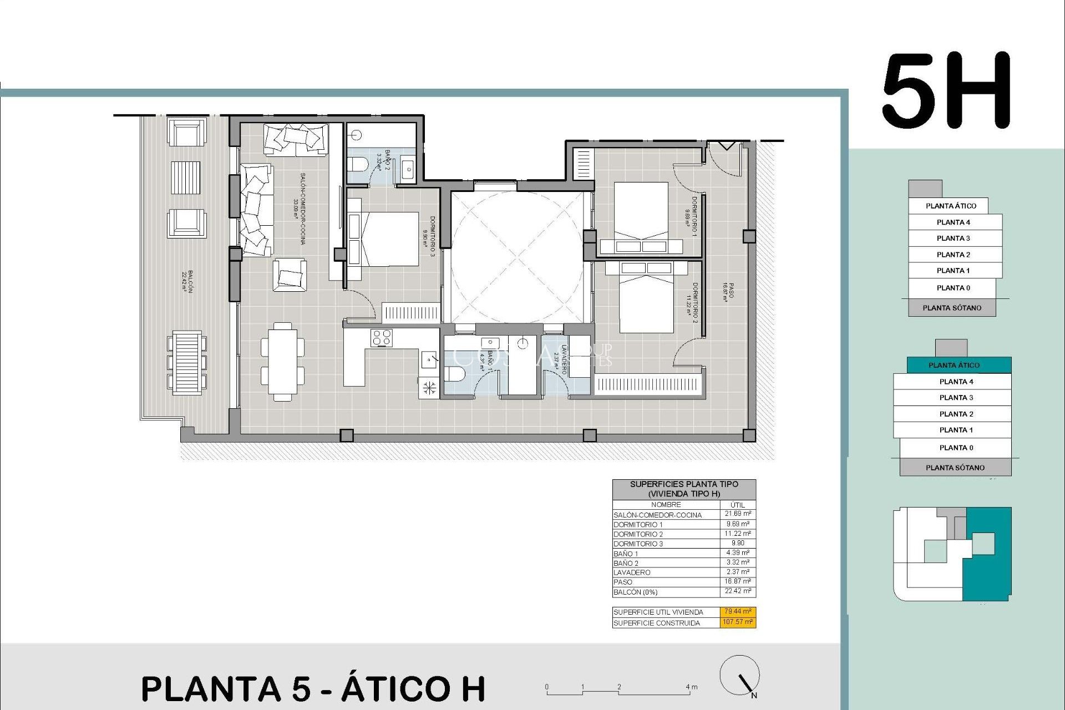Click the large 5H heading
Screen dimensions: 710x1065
pos(946,91)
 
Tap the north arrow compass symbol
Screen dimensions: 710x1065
pos(740,676)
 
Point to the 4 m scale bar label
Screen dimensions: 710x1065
pos(691,687)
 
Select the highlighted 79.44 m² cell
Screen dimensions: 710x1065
pos(738,611)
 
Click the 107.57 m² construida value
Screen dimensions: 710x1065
pos(738,622)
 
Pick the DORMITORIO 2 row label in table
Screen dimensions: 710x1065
pos(638,534)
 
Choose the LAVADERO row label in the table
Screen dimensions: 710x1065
pos(632,572)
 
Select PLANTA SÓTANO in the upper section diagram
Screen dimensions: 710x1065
pos(951,308)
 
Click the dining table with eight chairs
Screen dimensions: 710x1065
pos(282,361)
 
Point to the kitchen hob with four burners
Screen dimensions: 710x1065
pos(382,338)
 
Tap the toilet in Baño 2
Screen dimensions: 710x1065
pos(357,165)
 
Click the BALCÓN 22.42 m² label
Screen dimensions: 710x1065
pos(187,282)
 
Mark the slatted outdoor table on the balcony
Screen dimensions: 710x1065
pos(186,363)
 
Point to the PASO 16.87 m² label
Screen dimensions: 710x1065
pos(728,292)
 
